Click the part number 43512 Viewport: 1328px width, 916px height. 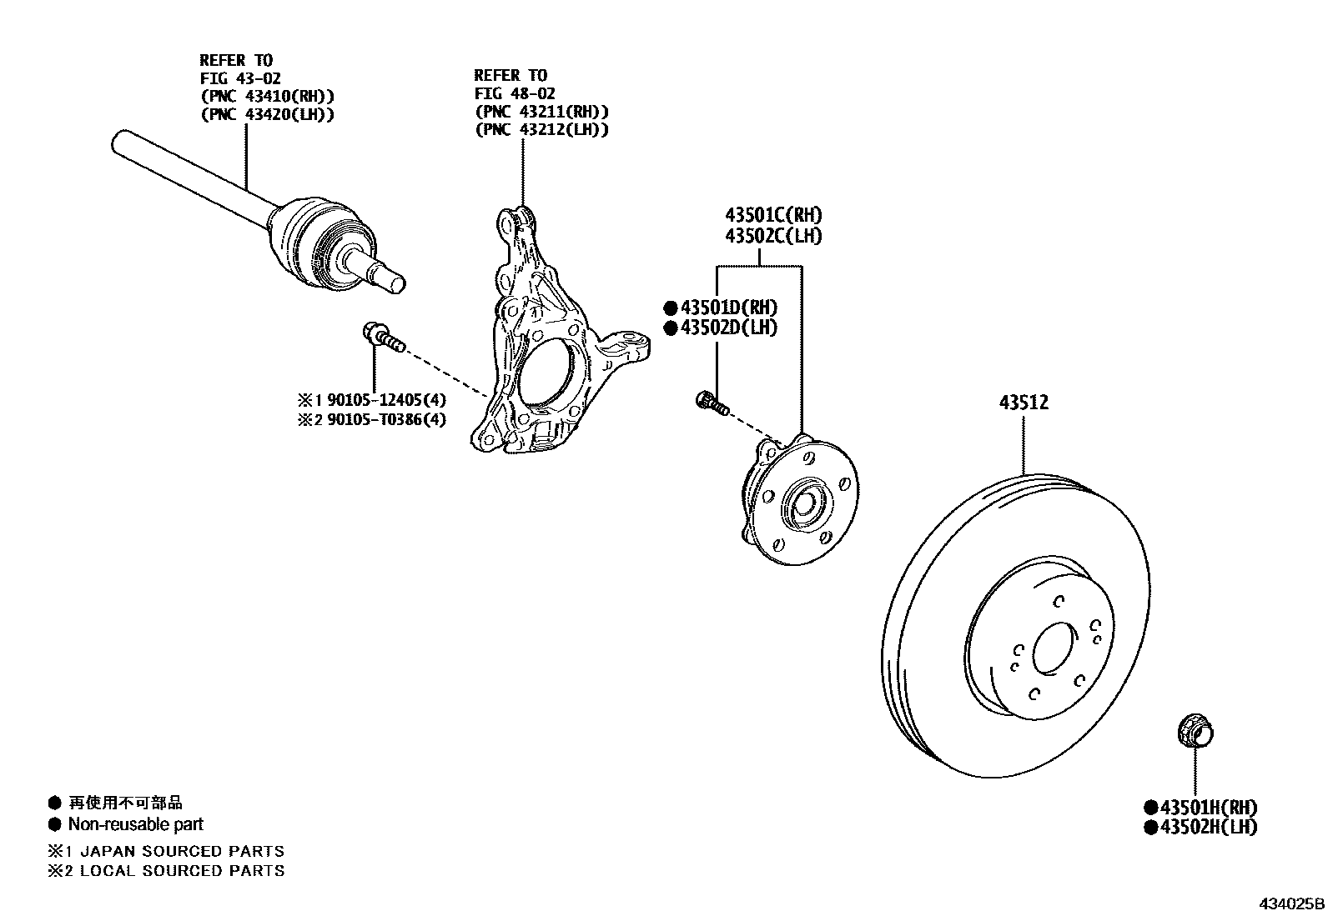[x=1024, y=403]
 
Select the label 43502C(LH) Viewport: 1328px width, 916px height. [x=772, y=236]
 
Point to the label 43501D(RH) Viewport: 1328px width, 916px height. [x=728, y=308]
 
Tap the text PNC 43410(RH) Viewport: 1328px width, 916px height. [x=267, y=96]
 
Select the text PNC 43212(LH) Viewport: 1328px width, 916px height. [x=541, y=129]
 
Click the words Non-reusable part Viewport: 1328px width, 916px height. [x=135, y=824]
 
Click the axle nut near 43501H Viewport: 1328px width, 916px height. [x=1194, y=733]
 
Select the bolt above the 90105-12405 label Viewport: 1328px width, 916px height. [x=383, y=337]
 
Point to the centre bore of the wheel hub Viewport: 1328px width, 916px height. [x=805, y=504]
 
